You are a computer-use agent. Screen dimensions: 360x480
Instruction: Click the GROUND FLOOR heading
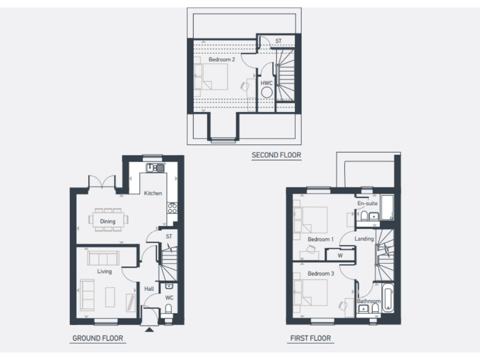tap(97, 338)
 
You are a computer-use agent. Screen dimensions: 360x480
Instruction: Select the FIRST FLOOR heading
tap(310, 338)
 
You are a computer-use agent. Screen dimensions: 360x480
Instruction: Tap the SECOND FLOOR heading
tap(276, 154)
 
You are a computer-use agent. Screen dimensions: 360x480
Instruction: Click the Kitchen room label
tap(153, 193)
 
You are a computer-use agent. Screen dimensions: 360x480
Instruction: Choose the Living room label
tap(104, 271)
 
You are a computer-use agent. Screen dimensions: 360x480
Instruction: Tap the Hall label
tap(149, 289)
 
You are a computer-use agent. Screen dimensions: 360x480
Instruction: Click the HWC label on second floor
tap(266, 82)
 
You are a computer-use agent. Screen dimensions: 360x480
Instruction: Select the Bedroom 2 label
tap(222, 60)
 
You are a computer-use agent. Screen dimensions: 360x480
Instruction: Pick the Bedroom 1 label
tap(321, 239)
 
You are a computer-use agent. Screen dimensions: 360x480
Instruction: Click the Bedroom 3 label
tap(321, 274)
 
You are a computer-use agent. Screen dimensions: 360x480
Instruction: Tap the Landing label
tap(364, 239)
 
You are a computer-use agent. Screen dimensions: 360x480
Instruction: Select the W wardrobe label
tap(340, 255)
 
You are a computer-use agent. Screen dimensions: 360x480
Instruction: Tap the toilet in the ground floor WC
tap(168, 308)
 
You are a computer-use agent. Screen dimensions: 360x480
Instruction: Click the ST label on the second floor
tap(278, 41)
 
